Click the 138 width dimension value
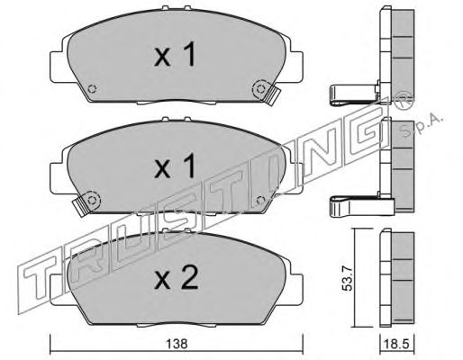[177, 344]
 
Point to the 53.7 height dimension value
[349, 280]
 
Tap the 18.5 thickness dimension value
[397, 345]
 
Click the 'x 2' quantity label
[177, 278]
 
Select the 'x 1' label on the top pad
[175, 54]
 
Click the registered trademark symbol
[405, 99]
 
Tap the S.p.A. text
[422, 124]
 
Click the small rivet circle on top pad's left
[92, 89]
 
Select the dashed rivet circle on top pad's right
[259, 88]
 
